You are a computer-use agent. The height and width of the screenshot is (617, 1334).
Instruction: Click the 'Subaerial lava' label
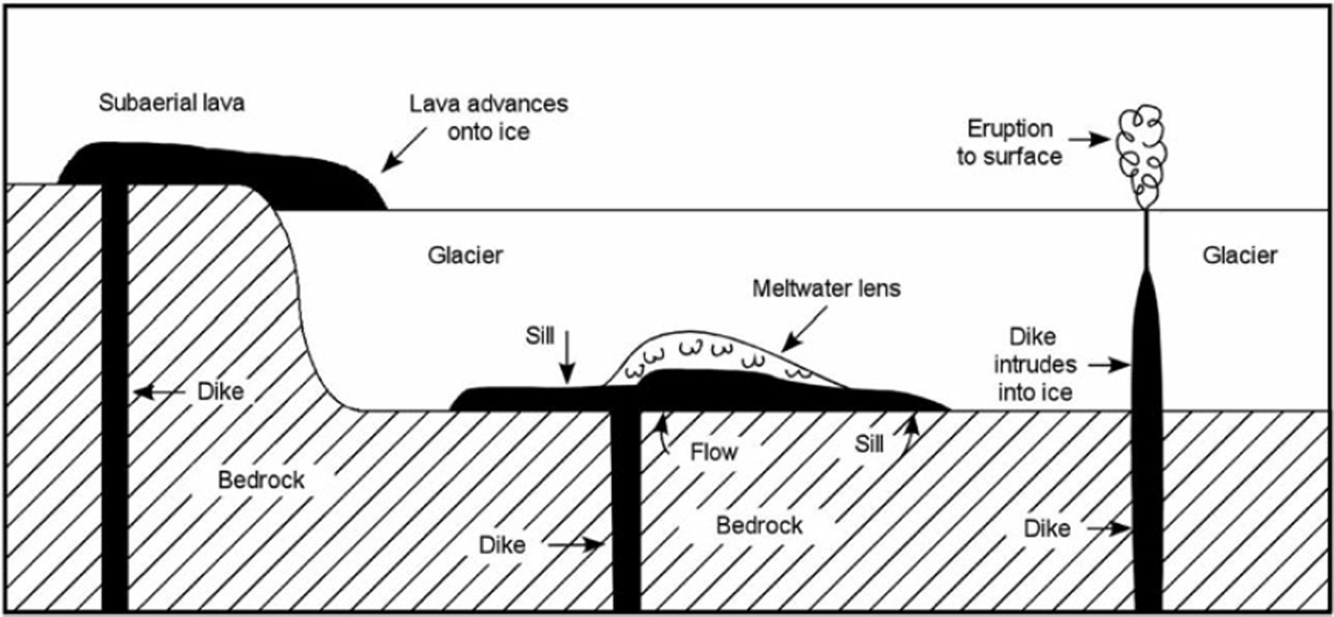click(172, 103)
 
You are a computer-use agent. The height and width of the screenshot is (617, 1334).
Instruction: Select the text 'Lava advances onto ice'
click(489, 117)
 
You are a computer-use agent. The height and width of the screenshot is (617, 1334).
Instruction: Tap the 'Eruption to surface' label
click(1010, 142)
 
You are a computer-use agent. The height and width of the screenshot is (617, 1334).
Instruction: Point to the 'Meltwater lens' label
click(826, 288)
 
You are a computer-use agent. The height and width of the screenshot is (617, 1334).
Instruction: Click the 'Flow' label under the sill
click(714, 451)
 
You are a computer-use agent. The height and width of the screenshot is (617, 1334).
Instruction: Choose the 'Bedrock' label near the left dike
click(261, 479)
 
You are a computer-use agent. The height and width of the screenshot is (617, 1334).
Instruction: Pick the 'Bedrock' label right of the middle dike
click(759, 525)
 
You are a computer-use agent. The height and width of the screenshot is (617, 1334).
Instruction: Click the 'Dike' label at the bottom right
click(1047, 527)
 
